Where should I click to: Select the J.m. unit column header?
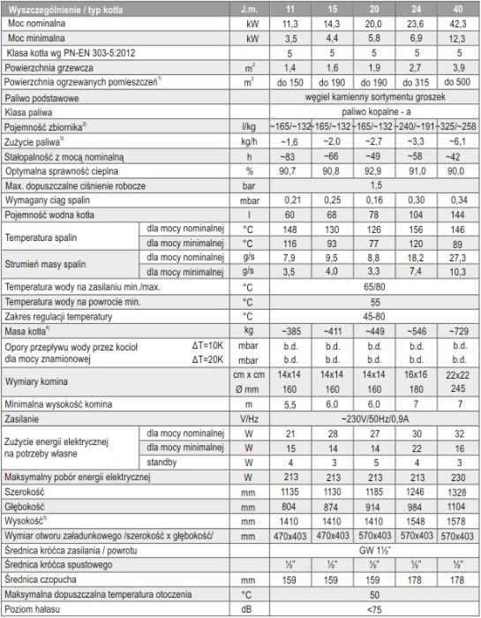257,10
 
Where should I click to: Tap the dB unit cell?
257,608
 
